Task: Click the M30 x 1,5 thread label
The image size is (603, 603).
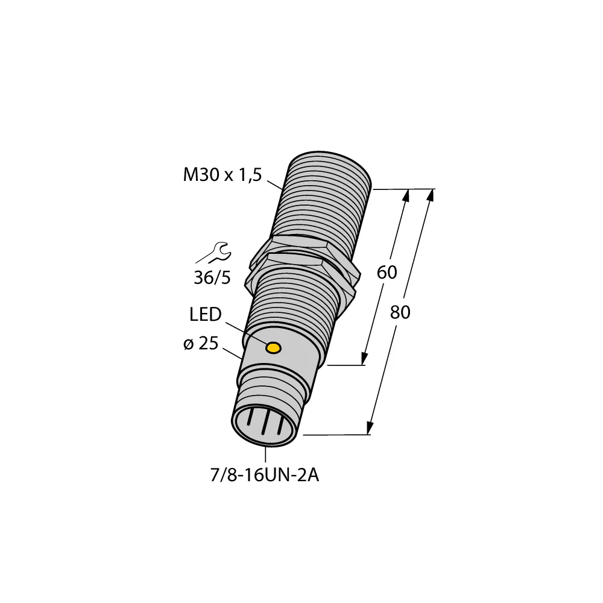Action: (x=221, y=175)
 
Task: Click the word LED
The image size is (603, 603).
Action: (x=206, y=315)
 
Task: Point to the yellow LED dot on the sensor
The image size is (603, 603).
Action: (x=274, y=348)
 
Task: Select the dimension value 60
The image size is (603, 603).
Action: (x=387, y=273)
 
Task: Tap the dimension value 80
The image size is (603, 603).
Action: (x=400, y=312)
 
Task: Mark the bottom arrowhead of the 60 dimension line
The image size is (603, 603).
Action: (x=365, y=359)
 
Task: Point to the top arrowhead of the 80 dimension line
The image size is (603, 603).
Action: (x=431, y=194)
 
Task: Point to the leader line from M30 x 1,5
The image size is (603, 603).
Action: (x=274, y=183)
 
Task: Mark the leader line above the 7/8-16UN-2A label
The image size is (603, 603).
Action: (x=265, y=455)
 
